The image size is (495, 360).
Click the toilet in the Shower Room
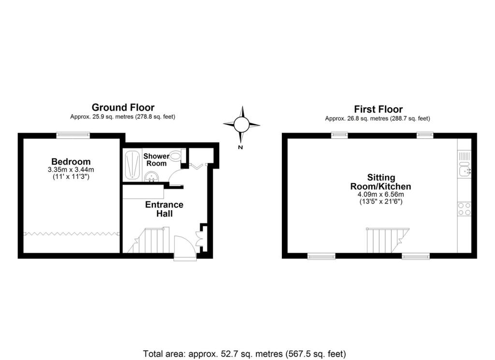176,156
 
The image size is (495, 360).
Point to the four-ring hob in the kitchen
464,209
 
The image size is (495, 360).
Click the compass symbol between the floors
242,125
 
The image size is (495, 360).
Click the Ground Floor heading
123,107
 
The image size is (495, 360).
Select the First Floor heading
378,109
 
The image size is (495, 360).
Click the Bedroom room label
71,161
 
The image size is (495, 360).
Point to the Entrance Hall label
164,209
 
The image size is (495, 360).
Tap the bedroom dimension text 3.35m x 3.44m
71,170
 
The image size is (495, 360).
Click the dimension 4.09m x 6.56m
380,195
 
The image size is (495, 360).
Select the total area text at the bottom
245,354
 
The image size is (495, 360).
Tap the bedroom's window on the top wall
73,135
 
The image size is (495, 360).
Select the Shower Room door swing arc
177,174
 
